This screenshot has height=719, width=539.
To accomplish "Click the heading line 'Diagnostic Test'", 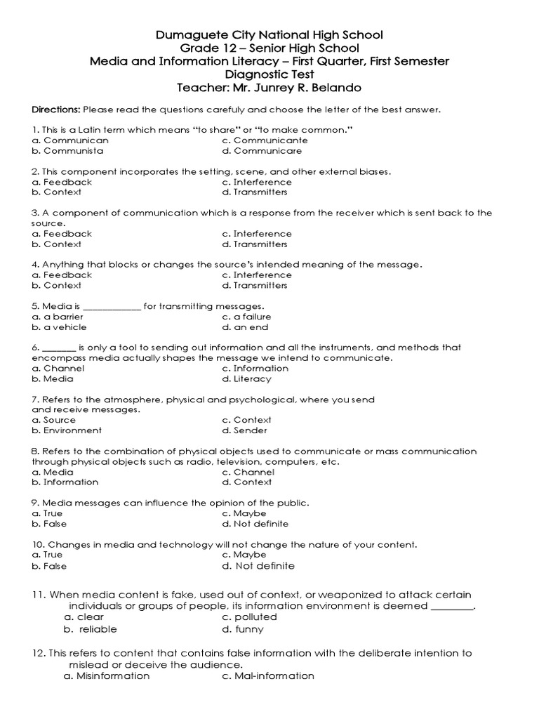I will (269, 74).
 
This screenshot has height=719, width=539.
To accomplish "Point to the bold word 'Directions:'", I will (56, 110).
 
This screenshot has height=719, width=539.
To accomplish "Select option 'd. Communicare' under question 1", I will (262, 150).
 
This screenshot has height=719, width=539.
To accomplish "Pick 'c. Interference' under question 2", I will (256, 182).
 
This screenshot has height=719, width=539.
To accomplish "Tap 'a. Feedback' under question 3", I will (62, 234).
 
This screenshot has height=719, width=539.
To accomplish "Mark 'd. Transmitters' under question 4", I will (255, 286).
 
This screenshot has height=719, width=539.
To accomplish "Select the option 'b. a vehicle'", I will (60, 327).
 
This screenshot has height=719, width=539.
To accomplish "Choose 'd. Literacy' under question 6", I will (246, 379).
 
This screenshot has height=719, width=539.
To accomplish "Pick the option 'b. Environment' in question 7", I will (67, 430).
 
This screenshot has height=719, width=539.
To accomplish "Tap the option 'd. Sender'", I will (244, 430).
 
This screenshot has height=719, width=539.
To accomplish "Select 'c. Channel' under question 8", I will (248, 473).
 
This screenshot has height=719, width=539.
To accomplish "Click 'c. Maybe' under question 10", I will (244, 555).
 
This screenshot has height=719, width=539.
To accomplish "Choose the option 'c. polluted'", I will (249, 617).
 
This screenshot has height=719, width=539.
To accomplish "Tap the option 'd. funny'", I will (243, 630).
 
